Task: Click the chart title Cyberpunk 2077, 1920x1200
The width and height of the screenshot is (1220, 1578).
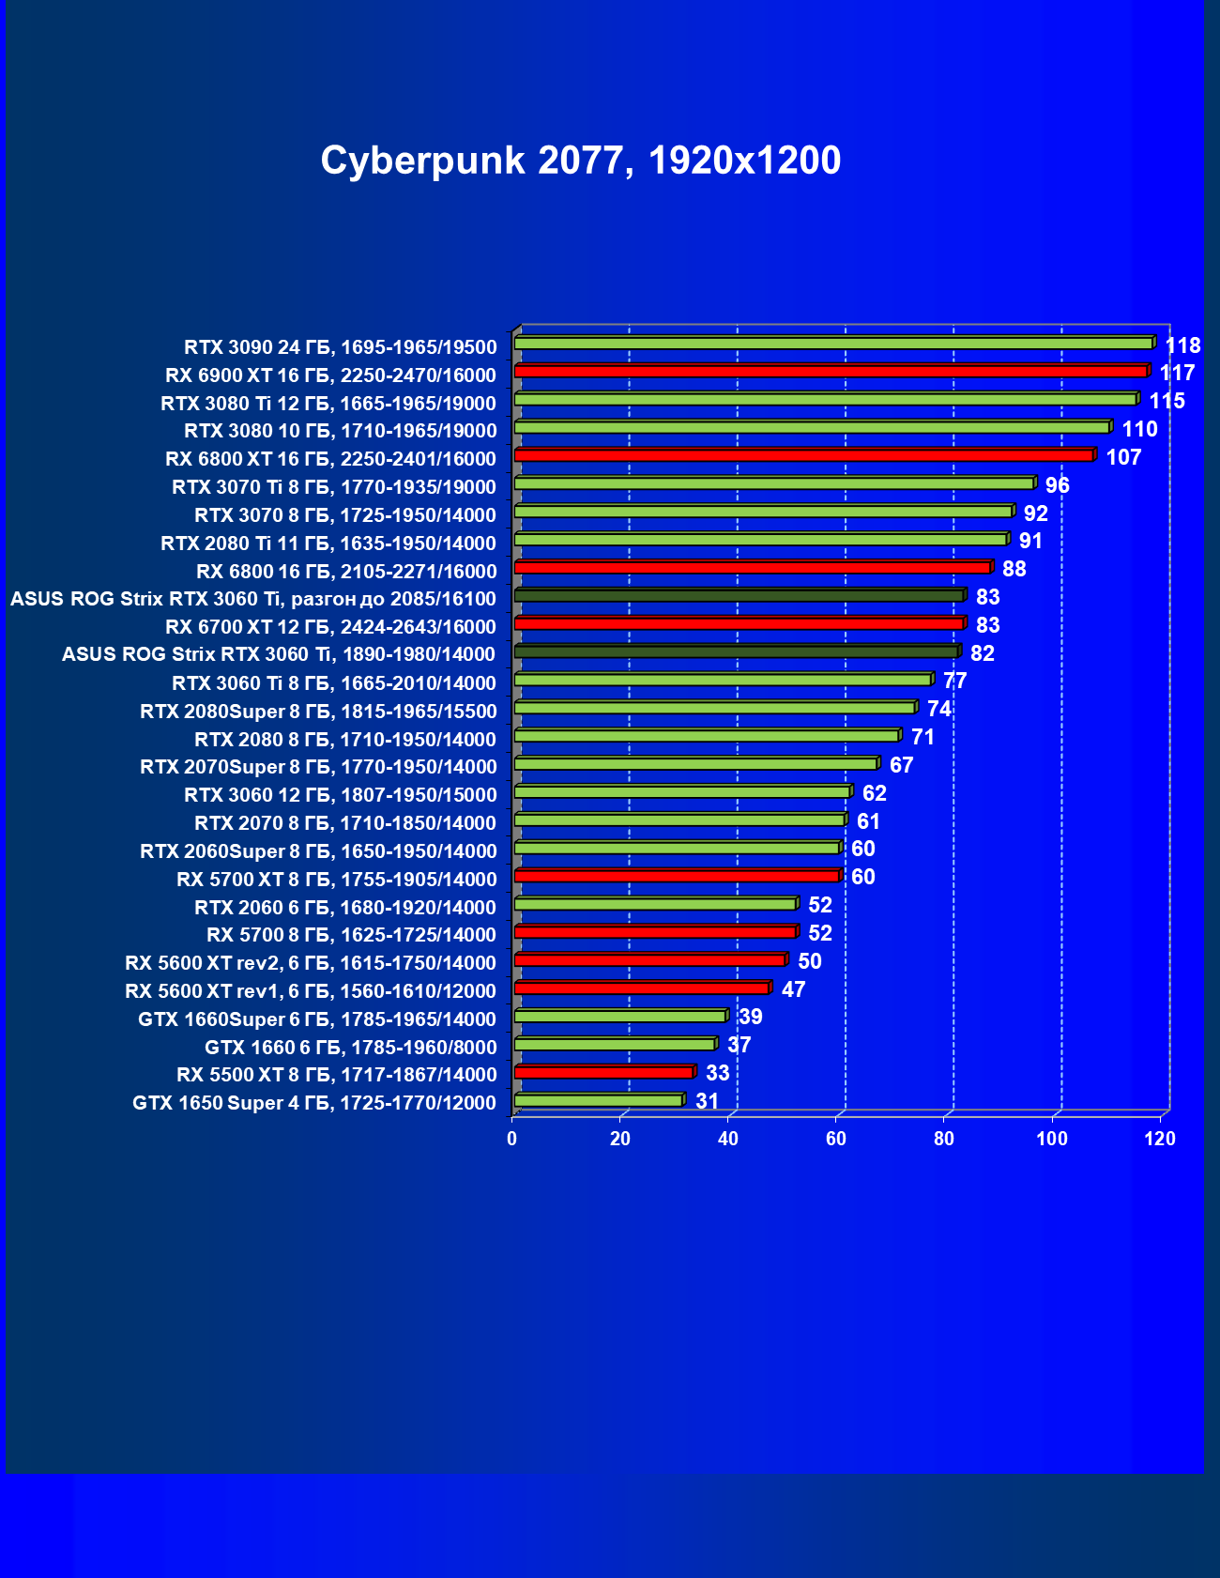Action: (581, 161)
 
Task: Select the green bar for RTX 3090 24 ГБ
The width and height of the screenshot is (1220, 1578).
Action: (833, 344)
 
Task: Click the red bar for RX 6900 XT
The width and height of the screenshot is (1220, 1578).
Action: (831, 372)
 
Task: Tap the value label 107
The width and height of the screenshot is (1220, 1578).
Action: (1123, 457)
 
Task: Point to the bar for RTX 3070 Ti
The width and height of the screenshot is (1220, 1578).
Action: (774, 483)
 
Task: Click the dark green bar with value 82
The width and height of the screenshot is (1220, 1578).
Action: (736, 651)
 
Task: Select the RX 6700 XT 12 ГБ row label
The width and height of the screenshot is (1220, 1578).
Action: (330, 627)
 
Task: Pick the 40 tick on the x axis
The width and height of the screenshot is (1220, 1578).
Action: (728, 1139)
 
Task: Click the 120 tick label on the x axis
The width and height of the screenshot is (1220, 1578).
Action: (1160, 1139)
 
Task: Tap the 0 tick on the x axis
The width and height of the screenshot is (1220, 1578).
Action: (512, 1139)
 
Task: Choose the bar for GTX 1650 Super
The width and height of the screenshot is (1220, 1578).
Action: (599, 1100)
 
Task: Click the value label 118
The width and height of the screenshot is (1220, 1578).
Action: (1182, 345)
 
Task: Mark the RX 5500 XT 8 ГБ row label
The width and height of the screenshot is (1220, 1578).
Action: (336, 1075)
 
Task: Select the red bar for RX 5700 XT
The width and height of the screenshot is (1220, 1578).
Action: (678, 876)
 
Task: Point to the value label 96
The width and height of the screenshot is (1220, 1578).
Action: (1057, 485)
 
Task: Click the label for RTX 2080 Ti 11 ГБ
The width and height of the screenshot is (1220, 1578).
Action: (328, 544)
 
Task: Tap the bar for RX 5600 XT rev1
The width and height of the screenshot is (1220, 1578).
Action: (642, 988)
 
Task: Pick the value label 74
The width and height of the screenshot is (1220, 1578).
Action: (938, 709)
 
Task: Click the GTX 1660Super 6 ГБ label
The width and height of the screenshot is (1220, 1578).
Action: (317, 1019)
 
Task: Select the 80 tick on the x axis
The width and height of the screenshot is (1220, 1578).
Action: (944, 1139)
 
